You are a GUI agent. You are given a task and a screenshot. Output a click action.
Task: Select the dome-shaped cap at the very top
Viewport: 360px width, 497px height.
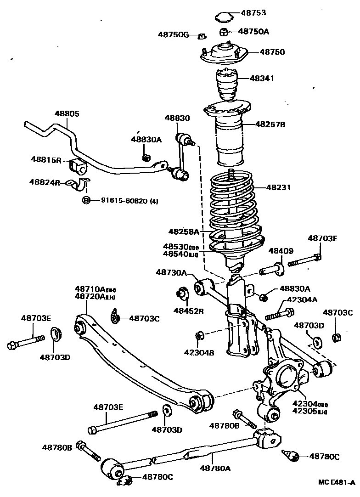click(224, 17)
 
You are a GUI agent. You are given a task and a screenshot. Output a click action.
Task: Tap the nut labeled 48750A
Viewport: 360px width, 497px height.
click(224, 32)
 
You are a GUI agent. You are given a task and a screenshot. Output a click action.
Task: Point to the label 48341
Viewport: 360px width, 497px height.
click(262, 79)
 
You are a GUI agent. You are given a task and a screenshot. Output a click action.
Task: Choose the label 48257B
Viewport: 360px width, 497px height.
click(270, 124)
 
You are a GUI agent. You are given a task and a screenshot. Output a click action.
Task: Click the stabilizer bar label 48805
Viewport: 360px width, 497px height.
click(67, 113)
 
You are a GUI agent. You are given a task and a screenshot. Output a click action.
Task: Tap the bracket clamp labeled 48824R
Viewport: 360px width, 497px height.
click(80, 185)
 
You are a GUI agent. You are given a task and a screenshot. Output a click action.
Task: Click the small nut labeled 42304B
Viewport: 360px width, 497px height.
click(199, 335)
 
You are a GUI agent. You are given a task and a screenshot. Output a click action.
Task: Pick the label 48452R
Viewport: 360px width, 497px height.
click(188, 311)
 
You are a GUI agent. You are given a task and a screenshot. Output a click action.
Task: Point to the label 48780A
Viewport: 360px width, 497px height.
click(215, 468)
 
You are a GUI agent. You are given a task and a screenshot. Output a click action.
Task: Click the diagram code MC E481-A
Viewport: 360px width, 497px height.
click(337, 482)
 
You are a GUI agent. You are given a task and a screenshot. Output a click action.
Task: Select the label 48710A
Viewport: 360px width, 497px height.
click(90, 289)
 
